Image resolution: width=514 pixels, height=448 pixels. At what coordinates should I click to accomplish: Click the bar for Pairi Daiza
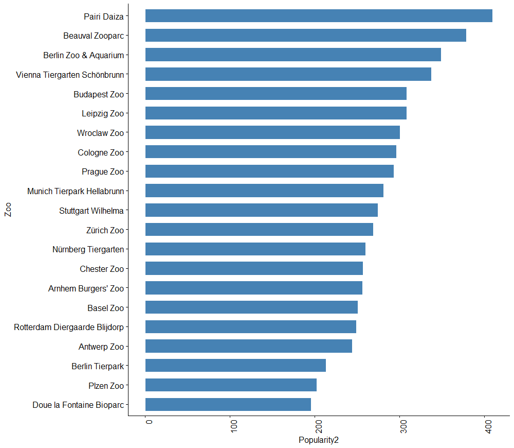coord(319,16)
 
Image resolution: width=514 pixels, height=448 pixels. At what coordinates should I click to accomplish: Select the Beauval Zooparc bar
coord(306,36)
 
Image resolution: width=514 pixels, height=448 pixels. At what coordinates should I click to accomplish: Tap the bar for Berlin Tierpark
coord(235,366)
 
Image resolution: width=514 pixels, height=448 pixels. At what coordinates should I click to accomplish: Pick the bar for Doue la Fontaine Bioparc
coord(228,405)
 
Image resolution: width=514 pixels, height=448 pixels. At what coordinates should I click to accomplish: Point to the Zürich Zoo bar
coord(259,230)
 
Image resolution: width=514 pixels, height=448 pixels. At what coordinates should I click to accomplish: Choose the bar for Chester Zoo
coord(254,268)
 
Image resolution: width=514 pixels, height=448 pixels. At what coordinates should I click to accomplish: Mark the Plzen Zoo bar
coord(231,385)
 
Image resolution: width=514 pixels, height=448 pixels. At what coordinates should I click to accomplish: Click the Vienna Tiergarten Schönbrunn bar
coord(288,74)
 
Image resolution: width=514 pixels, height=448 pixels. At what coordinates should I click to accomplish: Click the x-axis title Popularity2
coord(319,440)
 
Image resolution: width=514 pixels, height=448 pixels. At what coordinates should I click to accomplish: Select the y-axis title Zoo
coord(8,210)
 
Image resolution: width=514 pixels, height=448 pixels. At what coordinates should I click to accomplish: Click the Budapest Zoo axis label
coord(99,94)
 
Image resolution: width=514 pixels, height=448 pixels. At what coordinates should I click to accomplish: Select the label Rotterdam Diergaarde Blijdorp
coord(69,327)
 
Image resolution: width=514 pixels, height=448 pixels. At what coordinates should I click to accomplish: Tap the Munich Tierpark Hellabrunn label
coord(76,191)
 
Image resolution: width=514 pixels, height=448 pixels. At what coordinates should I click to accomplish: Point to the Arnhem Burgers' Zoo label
coord(86,288)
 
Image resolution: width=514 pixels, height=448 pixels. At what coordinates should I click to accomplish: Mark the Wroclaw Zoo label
coord(100,133)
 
